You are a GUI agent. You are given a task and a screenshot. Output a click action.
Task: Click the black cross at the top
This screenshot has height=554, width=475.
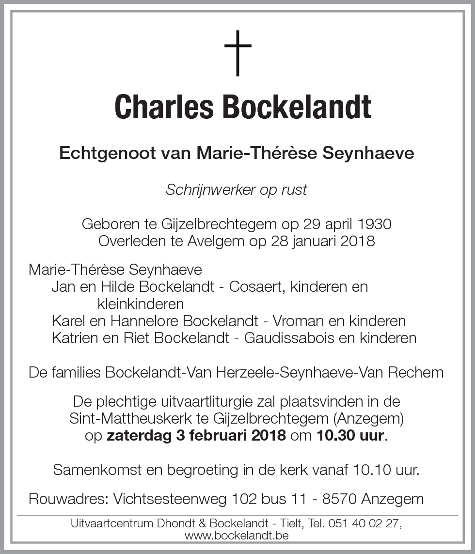pyautogui.click(x=237, y=53)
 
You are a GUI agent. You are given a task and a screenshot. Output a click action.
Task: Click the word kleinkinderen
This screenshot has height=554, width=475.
pyautogui.click(x=141, y=304)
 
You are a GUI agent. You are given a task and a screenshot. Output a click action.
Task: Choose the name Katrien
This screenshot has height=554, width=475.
pyautogui.click(x=74, y=338)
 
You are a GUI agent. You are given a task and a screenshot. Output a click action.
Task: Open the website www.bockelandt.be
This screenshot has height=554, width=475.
pyautogui.click(x=237, y=536)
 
